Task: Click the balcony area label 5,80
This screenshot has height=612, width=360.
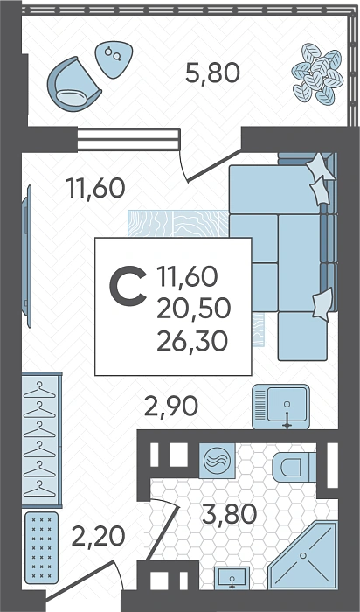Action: [212, 73]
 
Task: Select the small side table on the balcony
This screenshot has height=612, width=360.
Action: [114, 59]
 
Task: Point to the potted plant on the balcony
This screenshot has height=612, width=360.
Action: [317, 74]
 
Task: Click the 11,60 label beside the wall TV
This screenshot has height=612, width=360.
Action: [95, 188]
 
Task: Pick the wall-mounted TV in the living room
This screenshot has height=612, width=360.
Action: [26, 256]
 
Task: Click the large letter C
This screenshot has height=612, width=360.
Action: [128, 285]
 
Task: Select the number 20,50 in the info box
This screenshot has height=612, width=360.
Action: [193, 309]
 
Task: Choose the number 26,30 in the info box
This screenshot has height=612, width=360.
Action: [192, 341]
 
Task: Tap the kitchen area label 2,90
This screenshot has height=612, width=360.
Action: [171, 407]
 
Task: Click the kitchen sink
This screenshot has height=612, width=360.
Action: [280, 407]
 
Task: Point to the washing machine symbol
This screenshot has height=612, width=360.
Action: [218, 461]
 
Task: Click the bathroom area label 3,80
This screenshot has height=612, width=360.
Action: [229, 514]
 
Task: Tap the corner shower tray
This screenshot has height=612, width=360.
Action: [302, 555]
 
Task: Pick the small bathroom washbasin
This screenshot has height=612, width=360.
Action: [232, 578]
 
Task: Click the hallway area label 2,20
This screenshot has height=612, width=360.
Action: [98, 536]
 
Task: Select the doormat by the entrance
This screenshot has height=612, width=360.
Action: [41, 547]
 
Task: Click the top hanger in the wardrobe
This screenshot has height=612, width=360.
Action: [39, 390]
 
